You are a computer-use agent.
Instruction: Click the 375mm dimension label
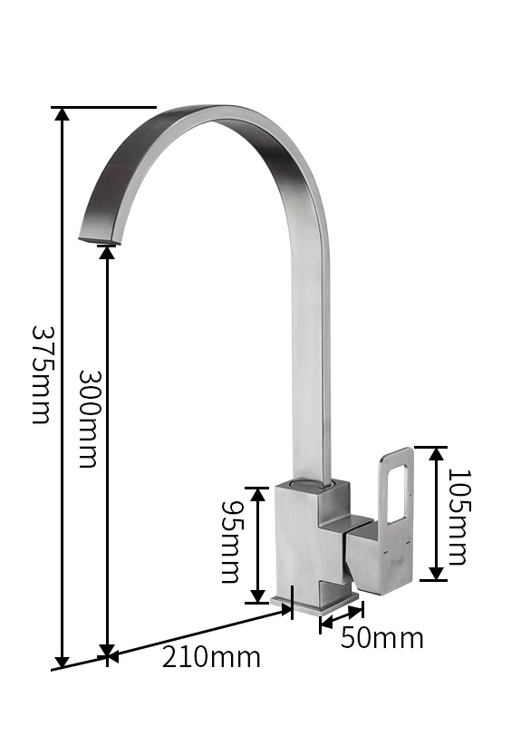pos(42,374)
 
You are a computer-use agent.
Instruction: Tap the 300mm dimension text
pos(89,419)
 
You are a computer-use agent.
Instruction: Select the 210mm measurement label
pos(211,657)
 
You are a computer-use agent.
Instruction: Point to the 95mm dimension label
pos(230,542)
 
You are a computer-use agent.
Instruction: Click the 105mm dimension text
pos(458,517)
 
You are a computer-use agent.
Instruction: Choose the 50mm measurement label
pos(381,637)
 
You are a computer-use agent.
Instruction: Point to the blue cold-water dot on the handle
pos(409,543)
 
